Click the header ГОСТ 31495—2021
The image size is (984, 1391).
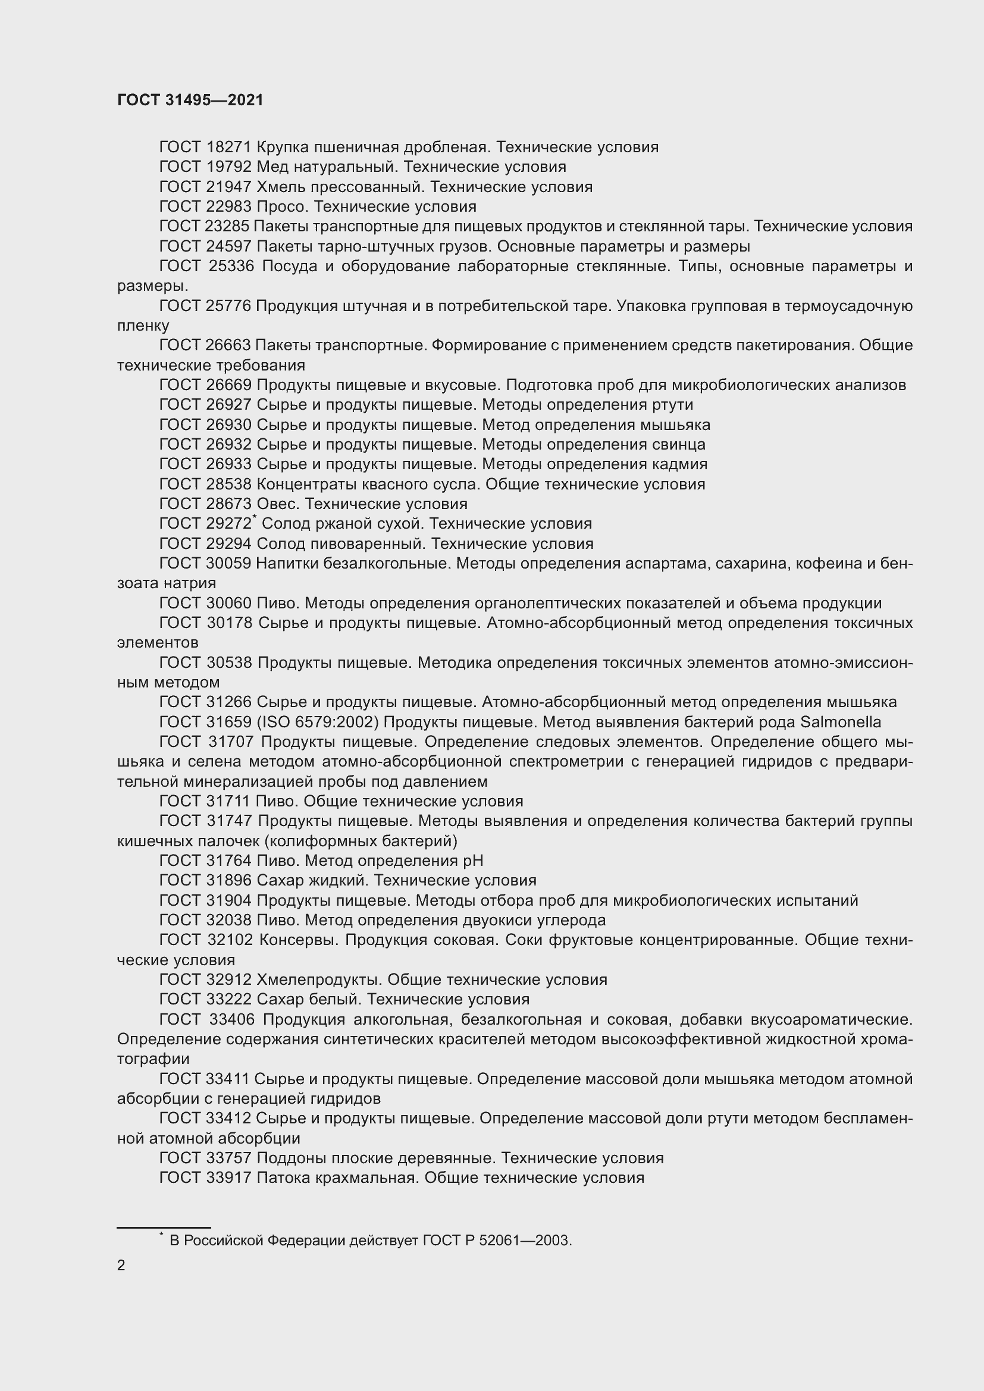point(190,100)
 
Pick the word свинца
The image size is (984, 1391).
point(679,444)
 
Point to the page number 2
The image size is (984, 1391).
point(121,1265)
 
